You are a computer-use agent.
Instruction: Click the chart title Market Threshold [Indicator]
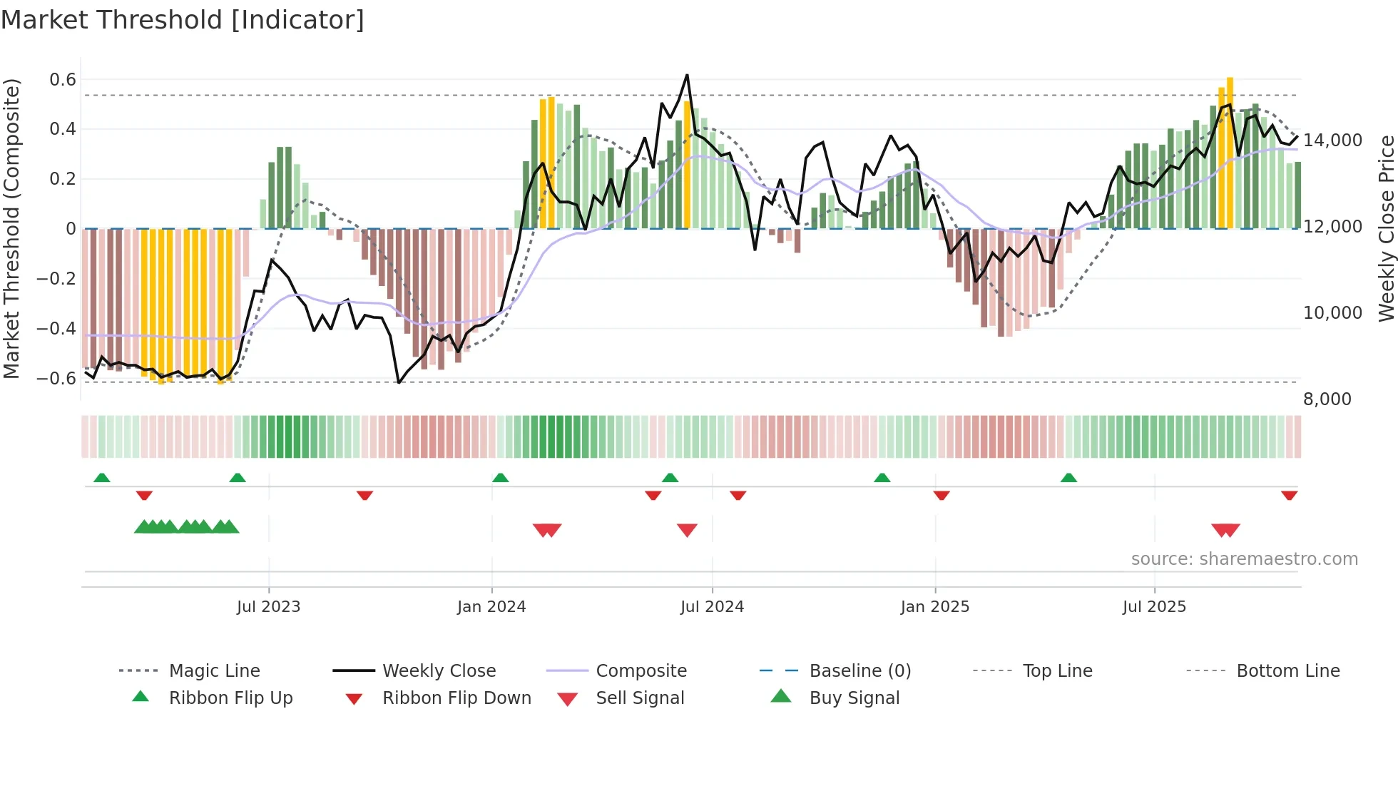pos(183,20)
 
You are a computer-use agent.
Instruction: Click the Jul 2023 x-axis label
pos(268,607)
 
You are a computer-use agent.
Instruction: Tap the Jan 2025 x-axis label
pos(934,607)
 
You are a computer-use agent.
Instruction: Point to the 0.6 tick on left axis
pos(63,80)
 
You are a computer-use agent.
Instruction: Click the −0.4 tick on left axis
pos(56,329)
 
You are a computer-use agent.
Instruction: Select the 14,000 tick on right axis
pos(1332,141)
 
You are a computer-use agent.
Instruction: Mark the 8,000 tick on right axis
pos(1327,399)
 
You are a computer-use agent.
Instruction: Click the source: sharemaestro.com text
pos(1244,559)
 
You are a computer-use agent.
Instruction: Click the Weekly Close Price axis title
pos(1386,228)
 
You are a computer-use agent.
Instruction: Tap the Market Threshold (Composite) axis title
pos(11,228)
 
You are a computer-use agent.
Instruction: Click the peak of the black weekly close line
pos(687,75)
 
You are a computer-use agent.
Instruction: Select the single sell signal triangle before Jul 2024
pos(687,530)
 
